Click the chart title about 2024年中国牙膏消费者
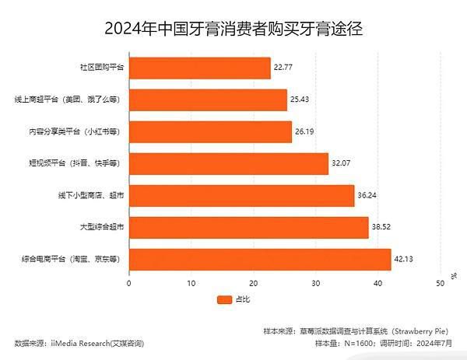[233, 29]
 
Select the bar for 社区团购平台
[200, 68]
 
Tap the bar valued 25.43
[208, 100]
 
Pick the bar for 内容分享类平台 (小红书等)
[210, 132]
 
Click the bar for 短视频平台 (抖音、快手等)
[229, 164]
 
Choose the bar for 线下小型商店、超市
[241, 196]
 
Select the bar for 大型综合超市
[248, 227]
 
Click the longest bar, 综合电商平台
[260, 259]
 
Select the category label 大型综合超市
[102, 228]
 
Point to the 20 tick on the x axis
[254, 284]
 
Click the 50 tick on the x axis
[441, 284]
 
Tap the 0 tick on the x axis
[129, 284]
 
